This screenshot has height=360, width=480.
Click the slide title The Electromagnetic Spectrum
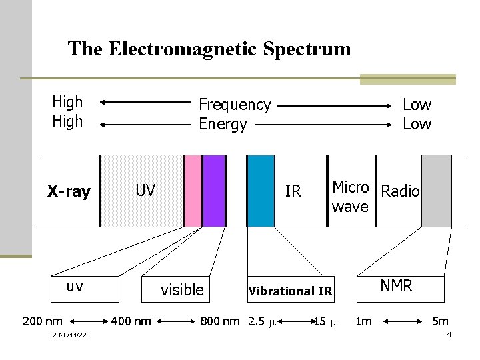[209, 49]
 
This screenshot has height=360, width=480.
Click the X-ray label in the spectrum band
[69, 192]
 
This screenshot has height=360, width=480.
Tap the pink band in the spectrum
[193, 191]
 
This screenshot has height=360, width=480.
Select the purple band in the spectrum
[214, 191]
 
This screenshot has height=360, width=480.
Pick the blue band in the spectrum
[260, 191]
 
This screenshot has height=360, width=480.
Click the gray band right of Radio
[437, 191]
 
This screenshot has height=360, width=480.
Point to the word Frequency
[235, 105]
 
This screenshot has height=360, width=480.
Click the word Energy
[223, 124]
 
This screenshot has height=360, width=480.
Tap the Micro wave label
[350, 197]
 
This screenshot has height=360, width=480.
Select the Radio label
[400, 191]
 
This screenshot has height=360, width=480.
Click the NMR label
[397, 286]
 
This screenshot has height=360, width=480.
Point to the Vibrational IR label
[290, 291]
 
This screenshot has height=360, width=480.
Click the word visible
[182, 289]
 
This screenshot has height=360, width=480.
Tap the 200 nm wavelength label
[43, 321]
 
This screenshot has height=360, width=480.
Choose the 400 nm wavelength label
[131, 321]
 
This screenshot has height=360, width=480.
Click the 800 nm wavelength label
[220, 321]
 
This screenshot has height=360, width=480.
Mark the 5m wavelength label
[440, 321]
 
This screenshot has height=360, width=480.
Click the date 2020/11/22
[69, 335]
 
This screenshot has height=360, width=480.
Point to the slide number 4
[449, 334]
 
